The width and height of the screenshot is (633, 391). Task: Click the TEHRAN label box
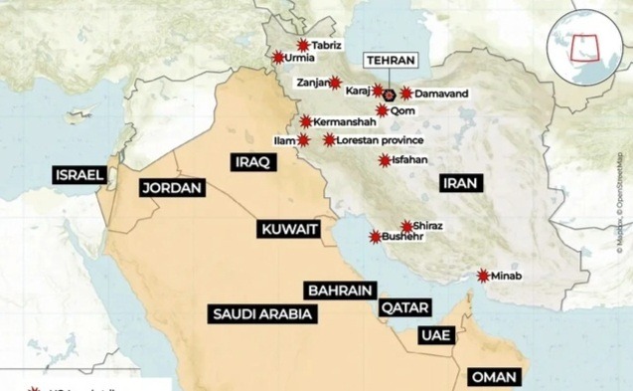[x=391, y=61]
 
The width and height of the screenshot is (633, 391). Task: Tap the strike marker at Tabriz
[x=302, y=45]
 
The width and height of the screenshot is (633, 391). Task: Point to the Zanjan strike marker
[x=336, y=83]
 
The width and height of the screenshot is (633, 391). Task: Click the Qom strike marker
[x=382, y=110]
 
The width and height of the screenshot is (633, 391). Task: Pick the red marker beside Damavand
[x=406, y=93]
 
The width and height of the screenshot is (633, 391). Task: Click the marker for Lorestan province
[x=329, y=140]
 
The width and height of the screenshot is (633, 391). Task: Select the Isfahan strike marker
[x=385, y=159]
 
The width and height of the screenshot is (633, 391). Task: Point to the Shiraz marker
[x=406, y=226]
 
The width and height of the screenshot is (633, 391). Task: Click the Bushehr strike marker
[x=375, y=238]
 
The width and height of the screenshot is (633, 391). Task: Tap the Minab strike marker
[x=483, y=276]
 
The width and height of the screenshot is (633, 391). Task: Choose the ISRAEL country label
[x=79, y=175]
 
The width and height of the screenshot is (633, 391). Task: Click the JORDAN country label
[x=171, y=187]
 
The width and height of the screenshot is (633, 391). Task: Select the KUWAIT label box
[x=289, y=229]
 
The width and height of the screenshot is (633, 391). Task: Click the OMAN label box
[x=493, y=378]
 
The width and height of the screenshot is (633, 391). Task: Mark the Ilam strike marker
[x=303, y=140]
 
